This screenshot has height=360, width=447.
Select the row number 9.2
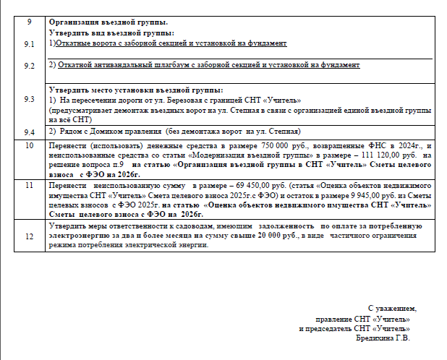pyautogui.click(x=29, y=66)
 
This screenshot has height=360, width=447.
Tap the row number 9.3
pyautogui.click(x=29, y=99)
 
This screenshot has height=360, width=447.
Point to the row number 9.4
pyautogui.click(x=29, y=132)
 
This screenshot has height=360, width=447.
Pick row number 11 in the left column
pyautogui.click(x=29, y=185)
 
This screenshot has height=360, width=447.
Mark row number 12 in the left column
pyautogui.click(x=29, y=236)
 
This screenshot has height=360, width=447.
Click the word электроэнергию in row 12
pyautogui.click(x=77, y=236)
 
